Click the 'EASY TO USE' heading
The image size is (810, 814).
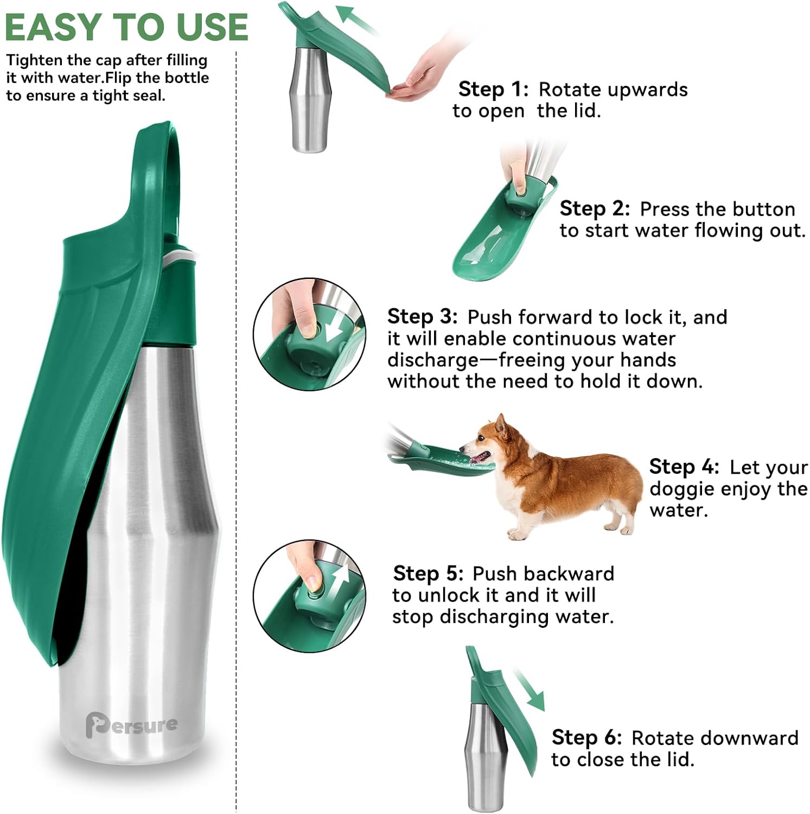(126, 27)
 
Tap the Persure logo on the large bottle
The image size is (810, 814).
(131, 726)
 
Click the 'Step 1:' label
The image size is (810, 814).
(493, 89)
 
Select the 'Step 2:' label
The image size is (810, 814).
(595, 208)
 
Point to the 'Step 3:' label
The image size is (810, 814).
(422, 316)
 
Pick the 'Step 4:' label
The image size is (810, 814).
(684, 467)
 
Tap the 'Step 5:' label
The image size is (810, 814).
(428, 573)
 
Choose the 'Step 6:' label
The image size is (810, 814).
(586, 737)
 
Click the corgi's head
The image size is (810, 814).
(488, 442)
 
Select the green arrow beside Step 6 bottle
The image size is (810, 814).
(529, 689)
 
